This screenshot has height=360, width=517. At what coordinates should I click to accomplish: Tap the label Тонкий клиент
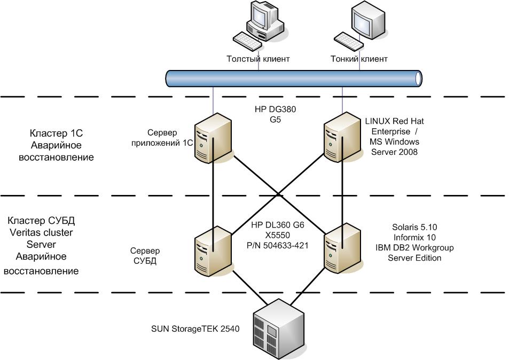click(359, 59)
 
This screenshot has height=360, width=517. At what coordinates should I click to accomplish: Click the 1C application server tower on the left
click(213, 141)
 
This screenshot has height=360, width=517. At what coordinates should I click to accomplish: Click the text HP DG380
click(275, 111)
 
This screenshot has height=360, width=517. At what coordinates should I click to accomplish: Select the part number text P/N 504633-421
click(277, 245)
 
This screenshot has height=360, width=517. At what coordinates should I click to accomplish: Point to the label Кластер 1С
click(56, 134)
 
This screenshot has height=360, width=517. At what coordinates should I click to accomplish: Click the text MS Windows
click(394, 142)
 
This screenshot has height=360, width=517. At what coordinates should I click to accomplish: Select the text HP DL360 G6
click(277, 225)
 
